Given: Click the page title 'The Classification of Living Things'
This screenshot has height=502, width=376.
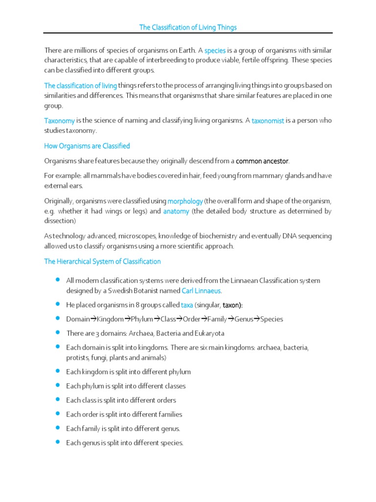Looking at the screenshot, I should (188, 27).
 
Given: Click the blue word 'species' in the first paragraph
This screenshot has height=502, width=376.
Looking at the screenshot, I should (214, 50).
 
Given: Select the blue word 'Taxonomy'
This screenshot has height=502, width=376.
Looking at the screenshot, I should (59, 121).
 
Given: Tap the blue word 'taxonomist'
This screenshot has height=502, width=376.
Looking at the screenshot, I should (268, 121).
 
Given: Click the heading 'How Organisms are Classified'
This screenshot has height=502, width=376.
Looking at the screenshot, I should (87, 146).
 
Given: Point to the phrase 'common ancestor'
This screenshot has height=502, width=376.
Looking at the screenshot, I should (262, 161).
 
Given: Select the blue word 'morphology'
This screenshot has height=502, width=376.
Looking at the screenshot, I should (185, 201).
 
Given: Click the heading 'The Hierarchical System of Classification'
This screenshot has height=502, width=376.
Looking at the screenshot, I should (102, 262).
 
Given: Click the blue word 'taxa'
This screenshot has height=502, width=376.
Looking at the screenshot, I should (187, 305).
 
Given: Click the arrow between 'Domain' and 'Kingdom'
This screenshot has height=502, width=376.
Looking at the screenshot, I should (93, 319).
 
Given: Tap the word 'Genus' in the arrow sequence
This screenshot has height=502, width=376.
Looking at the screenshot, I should (243, 319).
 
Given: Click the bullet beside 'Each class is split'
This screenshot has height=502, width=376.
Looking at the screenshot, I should (57, 400).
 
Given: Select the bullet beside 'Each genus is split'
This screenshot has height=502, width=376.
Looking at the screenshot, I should (57, 442).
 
